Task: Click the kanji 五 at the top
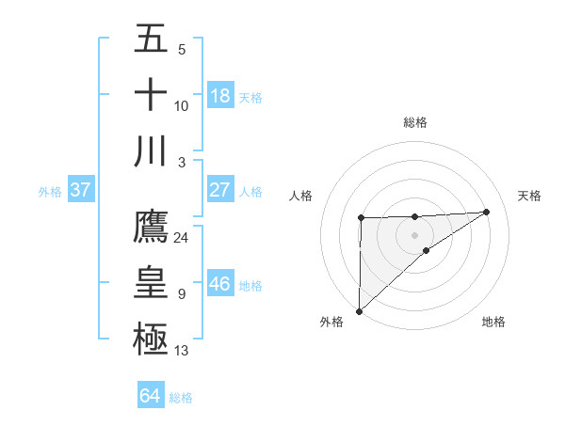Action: tap(151, 39)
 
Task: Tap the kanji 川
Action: tap(151, 151)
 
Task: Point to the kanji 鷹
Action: tap(151, 226)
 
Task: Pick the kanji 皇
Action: tap(151, 282)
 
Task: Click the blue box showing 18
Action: tap(220, 96)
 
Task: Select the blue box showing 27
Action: tap(220, 190)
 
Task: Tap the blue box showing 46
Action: tap(220, 284)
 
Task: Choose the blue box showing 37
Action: tap(81, 190)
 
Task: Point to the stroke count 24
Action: tap(181, 237)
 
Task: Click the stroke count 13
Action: tap(181, 351)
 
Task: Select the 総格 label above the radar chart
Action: tap(414, 122)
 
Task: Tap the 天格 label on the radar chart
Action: tap(529, 196)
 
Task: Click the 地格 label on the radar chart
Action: tap(493, 322)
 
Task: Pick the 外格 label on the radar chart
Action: tap(331, 322)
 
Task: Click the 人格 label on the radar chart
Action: tap(301, 196)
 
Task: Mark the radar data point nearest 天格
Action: tap(487, 212)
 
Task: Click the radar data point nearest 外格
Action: tap(359, 310)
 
